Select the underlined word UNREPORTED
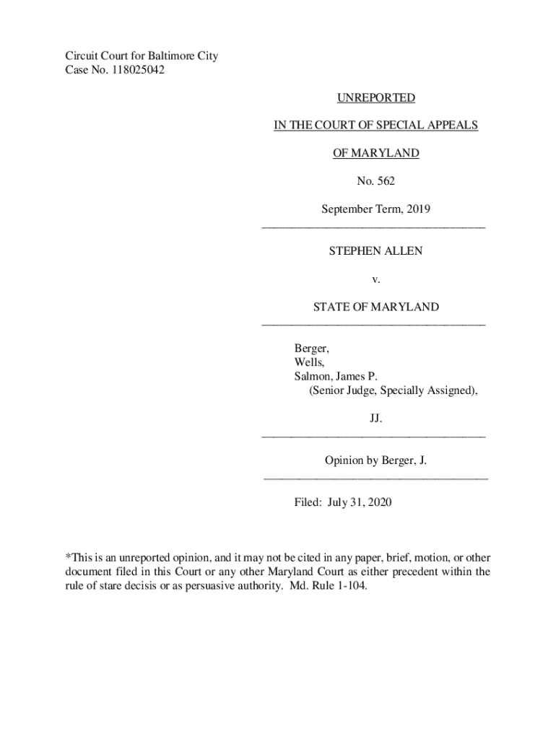375,97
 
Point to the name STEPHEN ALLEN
375,251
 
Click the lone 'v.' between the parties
375,279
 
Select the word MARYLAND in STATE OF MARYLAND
405,307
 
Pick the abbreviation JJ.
375,419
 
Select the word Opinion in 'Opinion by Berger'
345,460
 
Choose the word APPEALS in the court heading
451,125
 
